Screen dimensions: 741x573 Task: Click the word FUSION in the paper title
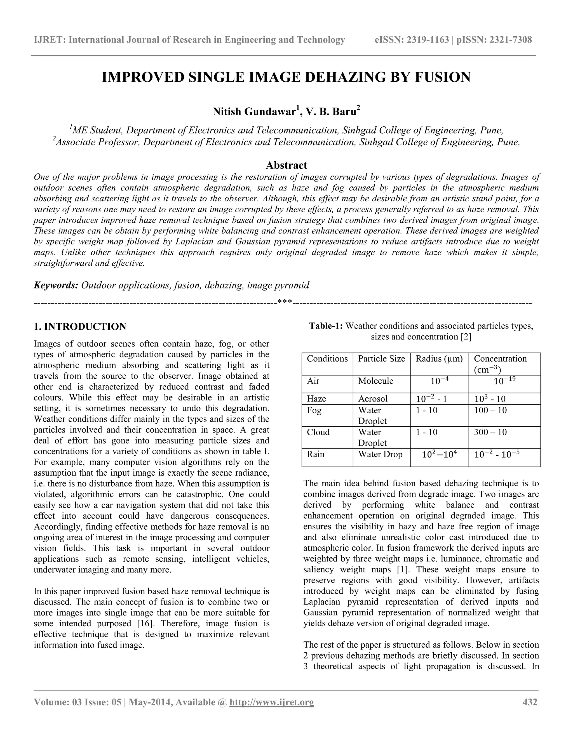(x=442, y=77)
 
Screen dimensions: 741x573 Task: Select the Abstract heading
(x=286, y=165)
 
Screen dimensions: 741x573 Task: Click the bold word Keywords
(x=56, y=285)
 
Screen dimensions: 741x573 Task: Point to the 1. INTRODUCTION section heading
(x=80, y=327)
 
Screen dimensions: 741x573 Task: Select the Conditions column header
(x=327, y=359)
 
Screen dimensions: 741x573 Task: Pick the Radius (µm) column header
(x=439, y=359)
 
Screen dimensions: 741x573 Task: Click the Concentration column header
(x=500, y=359)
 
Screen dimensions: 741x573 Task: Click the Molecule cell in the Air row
(x=375, y=381)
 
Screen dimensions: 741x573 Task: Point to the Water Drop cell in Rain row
(x=380, y=454)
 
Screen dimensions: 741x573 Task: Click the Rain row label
(x=315, y=454)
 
